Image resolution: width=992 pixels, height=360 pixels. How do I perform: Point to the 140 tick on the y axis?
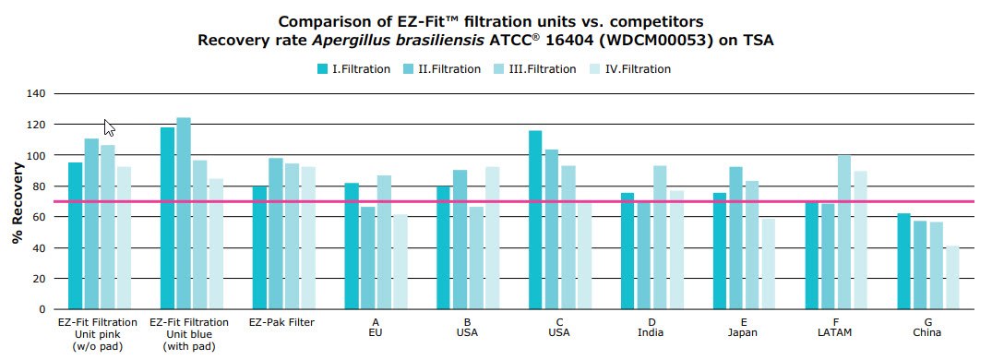point(36,93)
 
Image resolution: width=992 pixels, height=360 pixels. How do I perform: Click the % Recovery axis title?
point(17,204)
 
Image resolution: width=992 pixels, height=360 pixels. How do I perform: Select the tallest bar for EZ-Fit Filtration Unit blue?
point(184,213)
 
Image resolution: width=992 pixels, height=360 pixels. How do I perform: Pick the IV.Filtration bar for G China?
point(952,277)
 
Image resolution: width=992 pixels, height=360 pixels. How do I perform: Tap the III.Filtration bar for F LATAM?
point(844,232)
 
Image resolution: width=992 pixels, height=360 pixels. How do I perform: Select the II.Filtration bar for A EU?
point(368,258)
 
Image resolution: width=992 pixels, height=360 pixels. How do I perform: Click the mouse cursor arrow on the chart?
point(108,127)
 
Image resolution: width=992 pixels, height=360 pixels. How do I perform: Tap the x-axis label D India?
point(650,328)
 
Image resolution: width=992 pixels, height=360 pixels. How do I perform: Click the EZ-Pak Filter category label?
point(281,322)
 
